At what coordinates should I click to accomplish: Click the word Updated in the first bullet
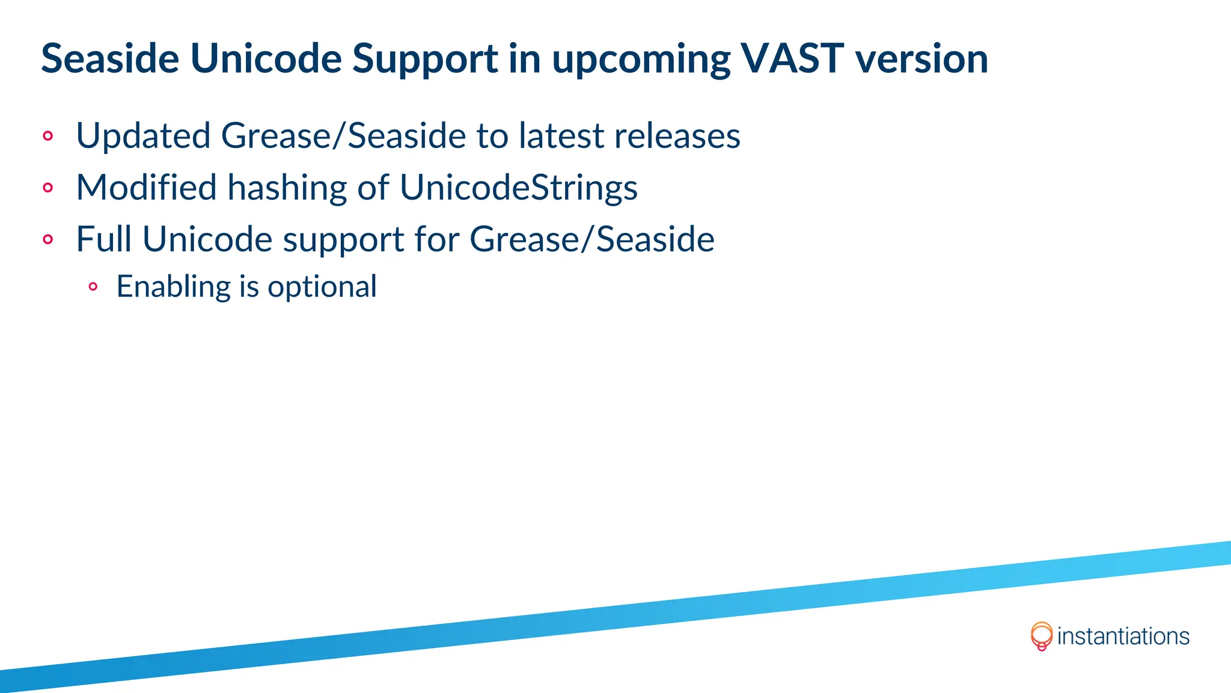(143, 136)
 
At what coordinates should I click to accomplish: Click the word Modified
(146, 188)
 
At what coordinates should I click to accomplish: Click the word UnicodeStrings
(518, 188)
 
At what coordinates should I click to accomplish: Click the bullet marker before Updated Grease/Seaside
(48, 136)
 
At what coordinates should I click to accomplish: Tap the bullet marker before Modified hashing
(48, 188)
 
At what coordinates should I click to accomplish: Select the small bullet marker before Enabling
(93, 287)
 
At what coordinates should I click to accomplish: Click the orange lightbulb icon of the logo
(1041, 636)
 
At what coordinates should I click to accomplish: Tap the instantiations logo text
(1123, 636)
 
